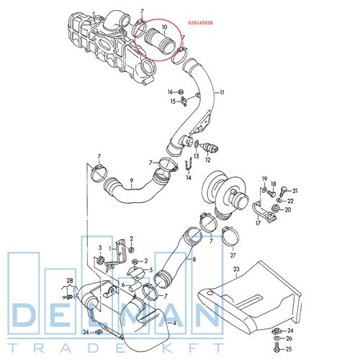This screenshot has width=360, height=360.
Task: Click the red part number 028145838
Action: click(201, 23)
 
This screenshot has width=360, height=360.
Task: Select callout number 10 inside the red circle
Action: click(164, 27)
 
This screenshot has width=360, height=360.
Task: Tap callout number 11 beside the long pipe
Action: click(222, 92)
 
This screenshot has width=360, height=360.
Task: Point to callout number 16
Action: click(171, 91)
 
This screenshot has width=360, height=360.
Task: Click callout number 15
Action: click(173, 102)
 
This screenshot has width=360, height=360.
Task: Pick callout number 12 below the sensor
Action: click(208, 160)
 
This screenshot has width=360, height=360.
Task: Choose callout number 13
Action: click(197, 156)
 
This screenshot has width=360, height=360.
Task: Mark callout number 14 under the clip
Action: click(189, 178)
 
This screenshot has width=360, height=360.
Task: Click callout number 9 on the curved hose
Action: click(132, 181)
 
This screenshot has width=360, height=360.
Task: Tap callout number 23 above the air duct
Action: click(236, 269)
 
